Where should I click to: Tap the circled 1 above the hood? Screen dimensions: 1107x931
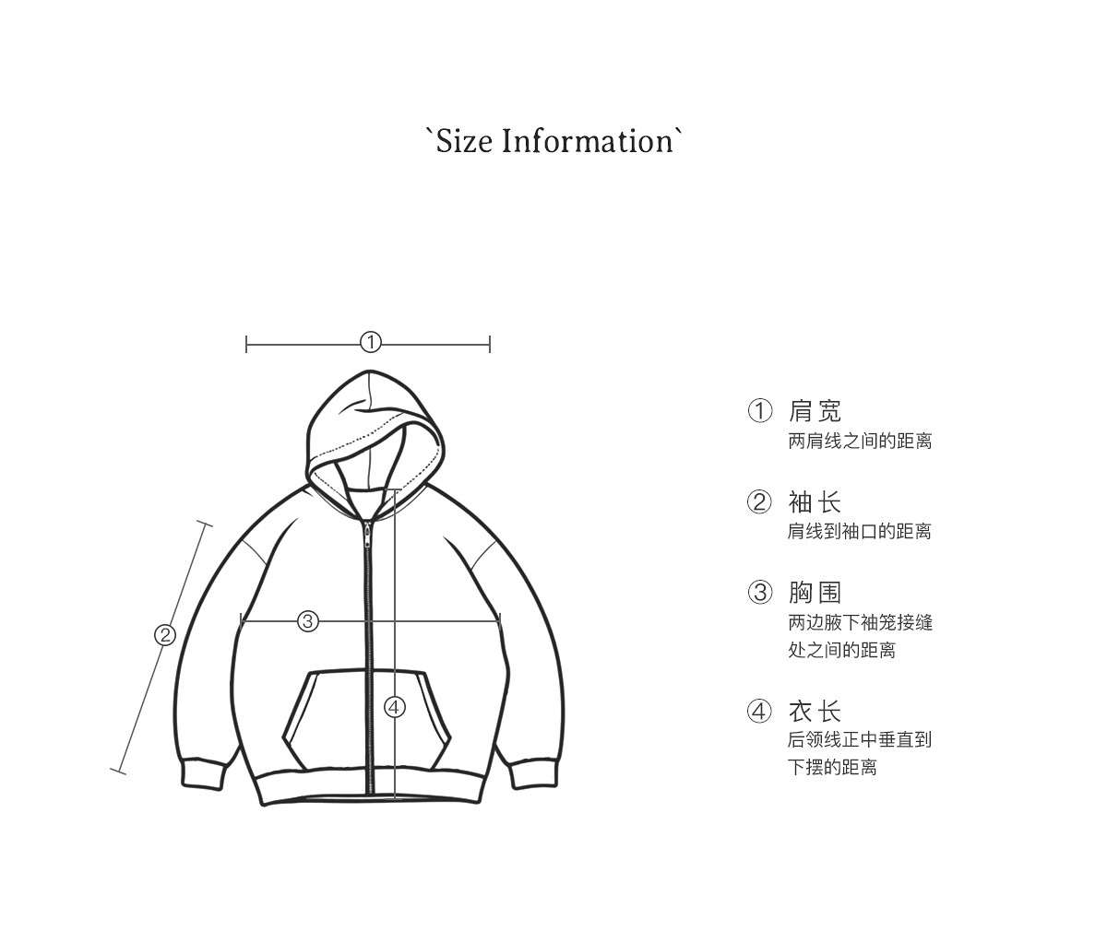coord(370,343)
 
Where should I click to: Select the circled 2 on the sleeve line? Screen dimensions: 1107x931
coord(165,635)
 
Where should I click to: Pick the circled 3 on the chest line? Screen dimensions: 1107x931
coord(308,621)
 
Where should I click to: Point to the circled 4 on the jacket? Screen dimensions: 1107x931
coord(395,707)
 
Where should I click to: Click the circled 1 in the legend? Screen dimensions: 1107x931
coord(759,411)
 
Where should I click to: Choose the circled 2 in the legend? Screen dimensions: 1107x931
coord(759,502)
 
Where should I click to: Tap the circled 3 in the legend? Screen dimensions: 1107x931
coord(759,593)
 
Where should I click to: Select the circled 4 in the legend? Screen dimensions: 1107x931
coord(759,712)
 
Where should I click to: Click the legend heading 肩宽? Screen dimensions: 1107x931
coord(815,411)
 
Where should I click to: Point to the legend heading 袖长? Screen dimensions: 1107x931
coord(815,502)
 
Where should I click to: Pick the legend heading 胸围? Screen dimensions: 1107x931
coord(815,593)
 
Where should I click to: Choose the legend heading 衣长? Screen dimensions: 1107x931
coord(815,712)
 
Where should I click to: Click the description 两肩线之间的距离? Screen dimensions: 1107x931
coord(860,442)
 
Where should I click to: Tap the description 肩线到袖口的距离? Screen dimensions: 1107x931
coord(860,532)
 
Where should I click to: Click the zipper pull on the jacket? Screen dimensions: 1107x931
coord(367,534)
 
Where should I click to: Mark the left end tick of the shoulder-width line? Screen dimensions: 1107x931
coord(246,345)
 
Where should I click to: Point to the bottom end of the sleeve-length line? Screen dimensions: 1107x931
coord(118,771)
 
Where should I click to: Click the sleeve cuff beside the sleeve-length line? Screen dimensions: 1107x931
coord(202,773)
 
